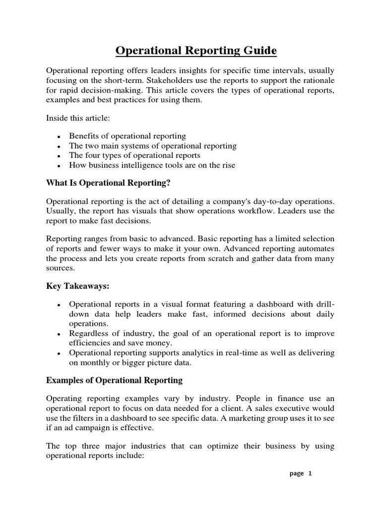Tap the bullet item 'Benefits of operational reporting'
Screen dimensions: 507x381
tap(127, 136)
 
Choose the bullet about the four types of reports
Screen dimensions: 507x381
tap(134, 155)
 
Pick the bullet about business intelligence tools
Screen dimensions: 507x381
tap(152, 165)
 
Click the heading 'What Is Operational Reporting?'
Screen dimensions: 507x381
tap(108, 183)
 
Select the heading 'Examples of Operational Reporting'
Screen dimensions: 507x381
tap(114, 380)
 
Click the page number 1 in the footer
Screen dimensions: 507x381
tap(310, 473)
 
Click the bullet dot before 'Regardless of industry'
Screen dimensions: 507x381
tap(59, 334)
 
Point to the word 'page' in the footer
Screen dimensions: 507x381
tap(297, 473)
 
